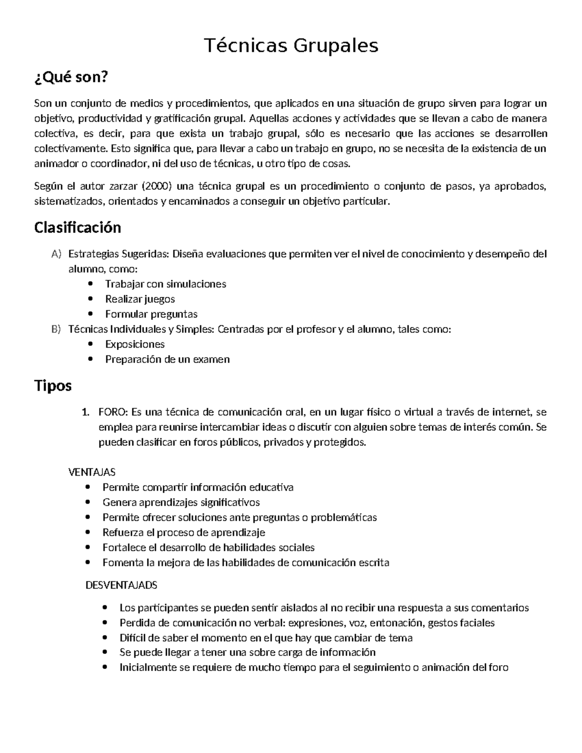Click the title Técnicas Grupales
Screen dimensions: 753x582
coord(291,46)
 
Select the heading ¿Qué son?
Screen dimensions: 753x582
coord(69,77)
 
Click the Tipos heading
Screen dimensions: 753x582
coord(53,385)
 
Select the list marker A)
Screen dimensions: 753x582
coord(56,254)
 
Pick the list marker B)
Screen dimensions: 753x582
coord(56,329)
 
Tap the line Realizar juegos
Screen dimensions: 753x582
coord(140,299)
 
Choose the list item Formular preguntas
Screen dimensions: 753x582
coord(151,314)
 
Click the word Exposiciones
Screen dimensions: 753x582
coord(135,344)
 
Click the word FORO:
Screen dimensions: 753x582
coord(113,412)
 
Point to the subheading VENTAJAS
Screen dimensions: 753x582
coord(92,472)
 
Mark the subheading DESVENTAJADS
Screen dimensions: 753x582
coord(121,585)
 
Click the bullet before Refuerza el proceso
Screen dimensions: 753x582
coord(87,533)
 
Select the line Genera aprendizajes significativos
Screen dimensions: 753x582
coord(181,502)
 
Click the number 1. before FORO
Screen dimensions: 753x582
coord(85,412)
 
